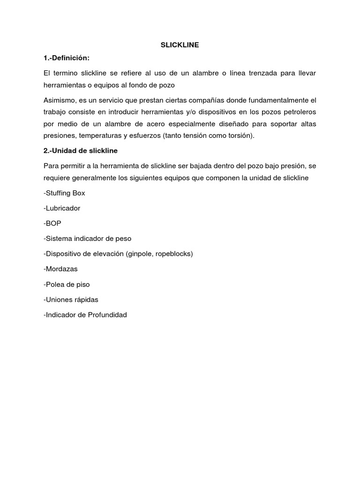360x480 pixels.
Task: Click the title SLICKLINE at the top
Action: (180, 45)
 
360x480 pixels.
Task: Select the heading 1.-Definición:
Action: (66, 58)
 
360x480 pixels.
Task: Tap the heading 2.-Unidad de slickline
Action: (80, 150)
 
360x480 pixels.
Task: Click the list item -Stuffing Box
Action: (64, 193)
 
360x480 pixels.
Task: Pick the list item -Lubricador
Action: (62, 208)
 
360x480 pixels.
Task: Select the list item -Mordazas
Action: (60, 269)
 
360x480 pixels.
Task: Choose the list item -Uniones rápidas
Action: (71, 300)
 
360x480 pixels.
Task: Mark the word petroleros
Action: (299, 112)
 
